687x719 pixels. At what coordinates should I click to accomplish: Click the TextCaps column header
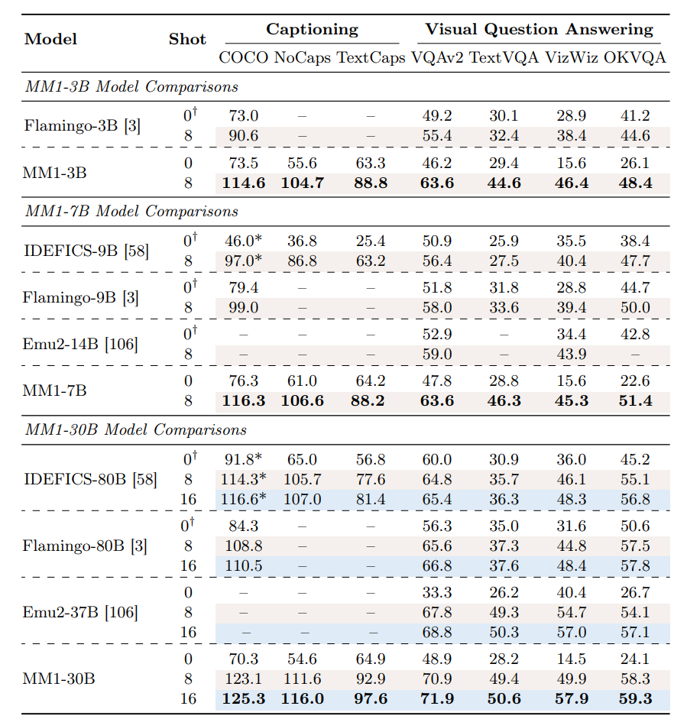371,58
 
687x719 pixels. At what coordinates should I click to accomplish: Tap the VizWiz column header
572,58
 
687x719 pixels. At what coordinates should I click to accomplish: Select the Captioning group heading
313,29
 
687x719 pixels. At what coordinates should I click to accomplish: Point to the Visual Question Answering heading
540,29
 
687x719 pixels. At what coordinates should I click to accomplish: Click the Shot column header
187,39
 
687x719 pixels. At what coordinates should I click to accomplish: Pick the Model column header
50,39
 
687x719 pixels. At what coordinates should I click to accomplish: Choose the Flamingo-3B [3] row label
82,125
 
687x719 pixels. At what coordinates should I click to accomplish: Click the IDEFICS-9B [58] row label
86,251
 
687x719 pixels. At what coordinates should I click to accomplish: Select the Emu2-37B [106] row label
80,612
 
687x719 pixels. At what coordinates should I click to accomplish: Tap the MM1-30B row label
59,679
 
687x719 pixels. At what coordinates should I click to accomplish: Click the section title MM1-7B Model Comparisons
131,212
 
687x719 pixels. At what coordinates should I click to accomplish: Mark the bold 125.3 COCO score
244,699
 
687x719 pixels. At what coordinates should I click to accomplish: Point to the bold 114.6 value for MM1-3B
244,183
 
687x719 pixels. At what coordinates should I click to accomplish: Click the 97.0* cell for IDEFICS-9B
243,261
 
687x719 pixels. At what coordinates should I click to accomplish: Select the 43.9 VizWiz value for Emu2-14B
572,354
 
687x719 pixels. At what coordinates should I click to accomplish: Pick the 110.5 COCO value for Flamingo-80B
244,566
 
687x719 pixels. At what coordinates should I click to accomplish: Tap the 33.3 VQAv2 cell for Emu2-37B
437,592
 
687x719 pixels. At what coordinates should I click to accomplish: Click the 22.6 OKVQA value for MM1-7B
635,381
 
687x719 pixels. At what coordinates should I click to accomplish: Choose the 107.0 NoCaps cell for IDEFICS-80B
302,500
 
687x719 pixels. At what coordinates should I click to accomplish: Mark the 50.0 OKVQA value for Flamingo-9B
635,307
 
